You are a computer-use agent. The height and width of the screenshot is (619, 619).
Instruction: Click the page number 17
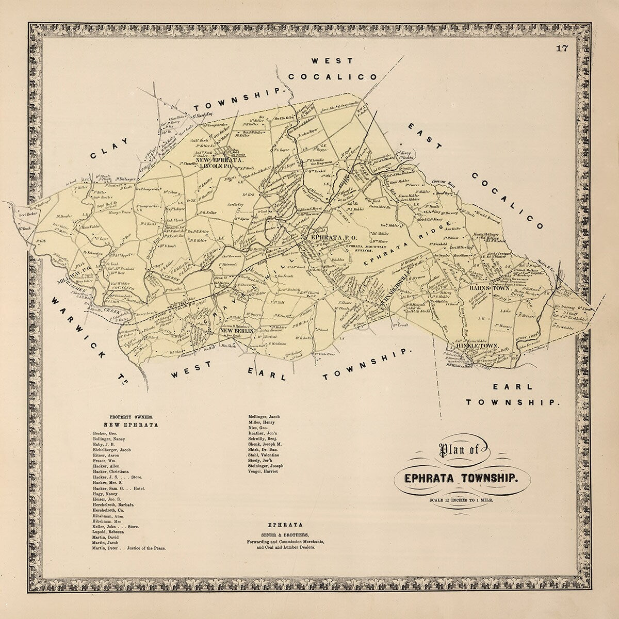click(x=562, y=49)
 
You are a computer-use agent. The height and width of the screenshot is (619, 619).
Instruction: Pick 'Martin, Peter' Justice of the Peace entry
click(x=129, y=548)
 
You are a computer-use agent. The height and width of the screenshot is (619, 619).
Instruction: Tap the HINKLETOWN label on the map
click(x=476, y=346)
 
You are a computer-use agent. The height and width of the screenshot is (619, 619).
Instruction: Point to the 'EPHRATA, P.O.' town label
click(x=328, y=238)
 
